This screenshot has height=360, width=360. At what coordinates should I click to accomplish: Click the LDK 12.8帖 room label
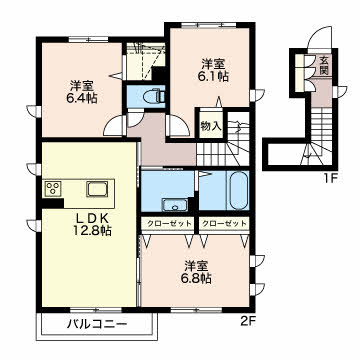click(x=93, y=224)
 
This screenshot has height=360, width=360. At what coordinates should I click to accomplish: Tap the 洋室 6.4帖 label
click(x=83, y=92)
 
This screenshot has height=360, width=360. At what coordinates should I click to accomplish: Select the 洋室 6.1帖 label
click(x=215, y=70)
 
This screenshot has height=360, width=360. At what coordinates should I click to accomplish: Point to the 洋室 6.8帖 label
click(x=198, y=272)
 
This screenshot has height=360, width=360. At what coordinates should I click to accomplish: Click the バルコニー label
click(x=97, y=323)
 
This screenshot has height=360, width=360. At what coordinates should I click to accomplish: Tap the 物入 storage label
click(x=211, y=126)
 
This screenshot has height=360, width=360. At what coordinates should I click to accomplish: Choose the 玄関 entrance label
click(x=324, y=65)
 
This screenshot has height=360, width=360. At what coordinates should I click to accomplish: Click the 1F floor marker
click(x=332, y=179)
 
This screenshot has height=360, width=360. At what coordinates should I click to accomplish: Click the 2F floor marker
click(x=248, y=321)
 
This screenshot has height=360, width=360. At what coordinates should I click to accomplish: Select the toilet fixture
click(x=154, y=97)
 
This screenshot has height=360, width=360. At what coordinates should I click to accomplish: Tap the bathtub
click(x=239, y=190)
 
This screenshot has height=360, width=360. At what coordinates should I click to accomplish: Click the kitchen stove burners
click(x=52, y=188)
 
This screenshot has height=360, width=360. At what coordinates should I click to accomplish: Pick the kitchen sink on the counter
click(x=97, y=190)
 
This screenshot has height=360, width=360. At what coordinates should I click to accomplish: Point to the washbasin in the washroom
click(x=175, y=204)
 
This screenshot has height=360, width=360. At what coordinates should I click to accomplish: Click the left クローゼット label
click(x=167, y=223)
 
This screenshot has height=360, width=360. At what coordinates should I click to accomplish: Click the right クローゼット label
click(x=224, y=223)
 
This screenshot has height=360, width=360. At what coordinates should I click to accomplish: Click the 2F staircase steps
click(x=223, y=144)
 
